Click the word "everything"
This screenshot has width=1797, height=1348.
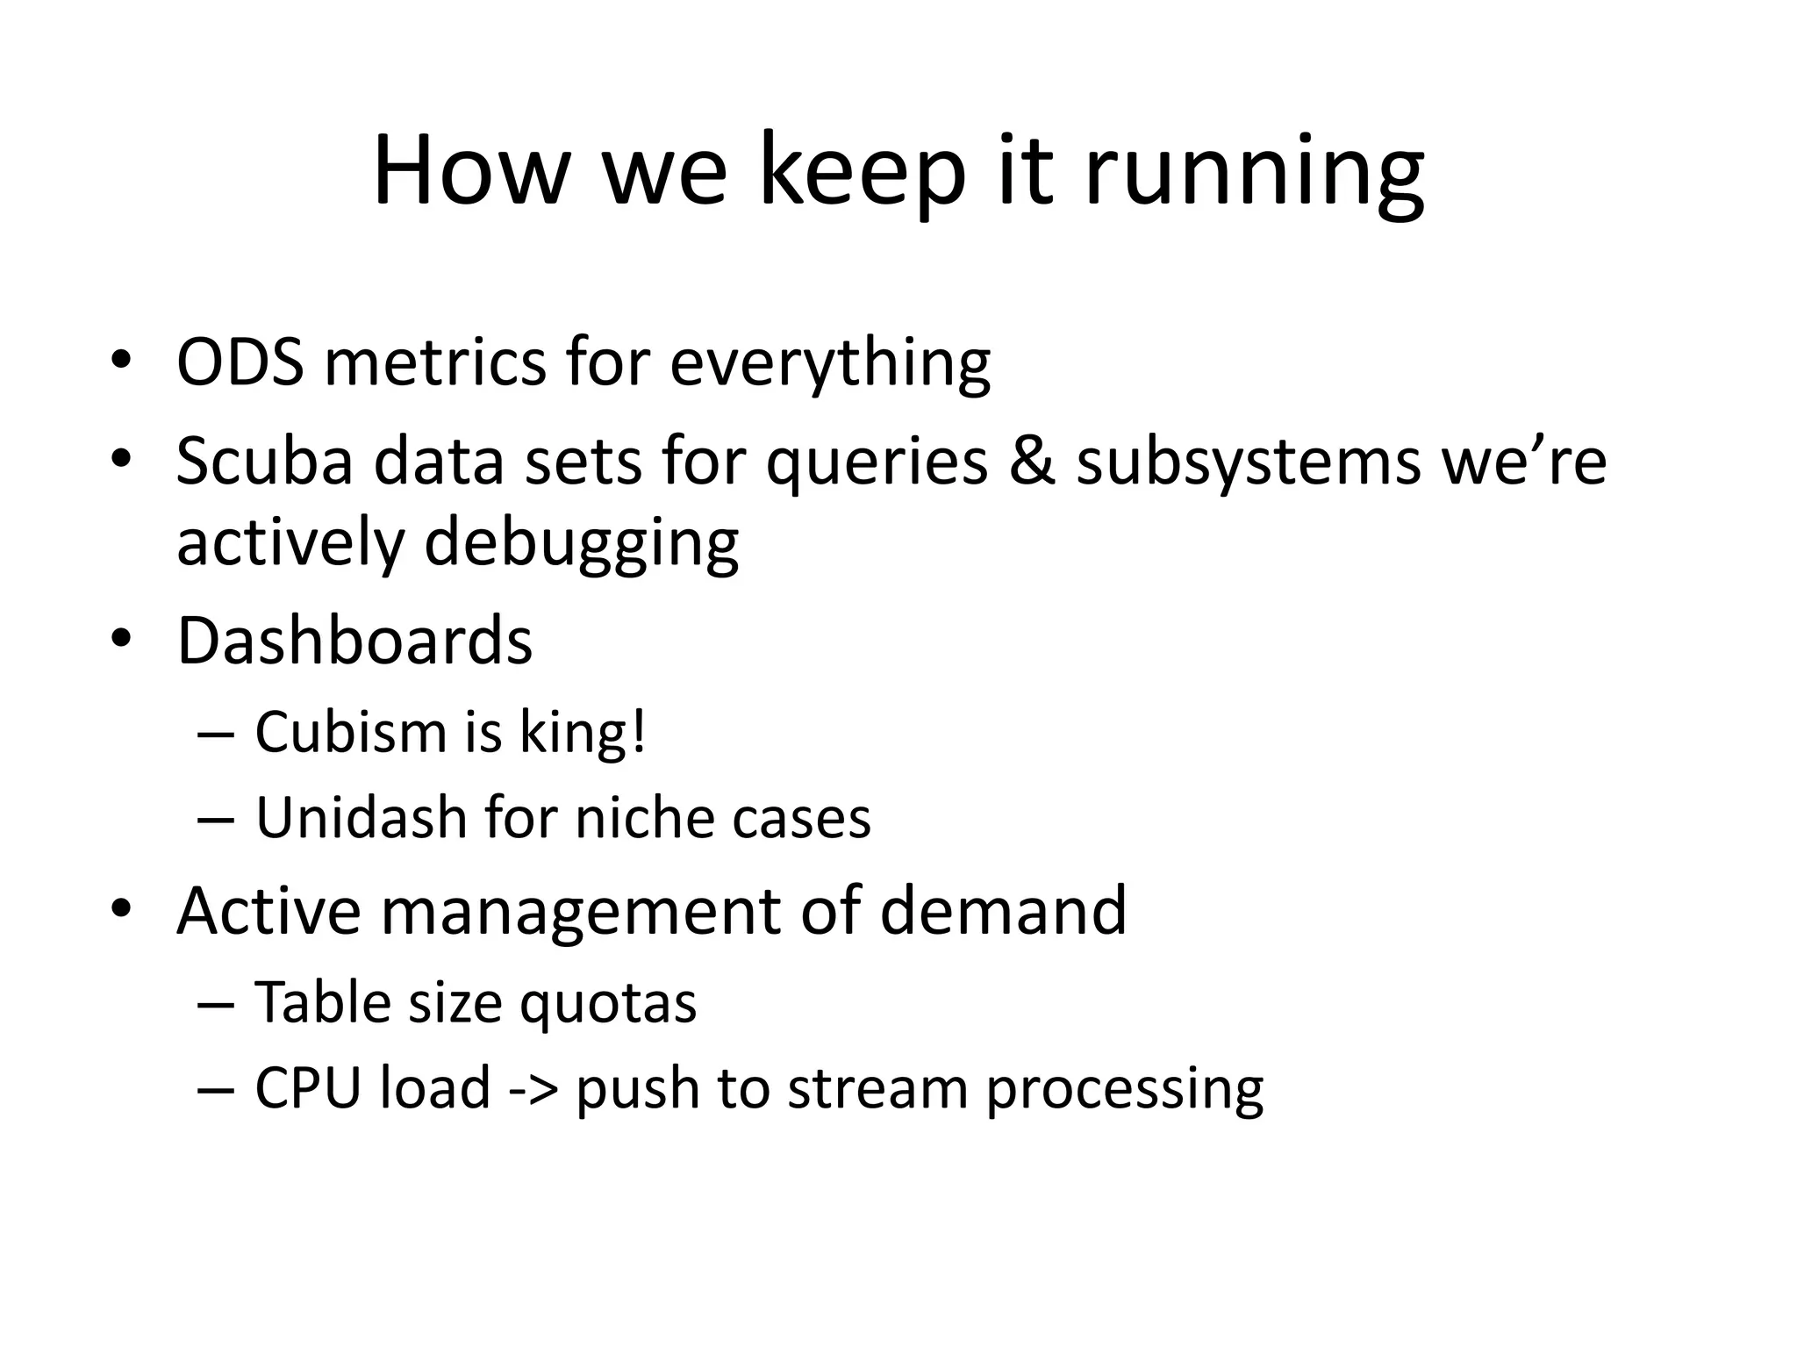click(x=830, y=364)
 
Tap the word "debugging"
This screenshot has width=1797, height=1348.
click(x=581, y=544)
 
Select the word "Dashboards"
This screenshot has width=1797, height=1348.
click(x=354, y=641)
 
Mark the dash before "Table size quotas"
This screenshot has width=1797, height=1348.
click(x=216, y=1003)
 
